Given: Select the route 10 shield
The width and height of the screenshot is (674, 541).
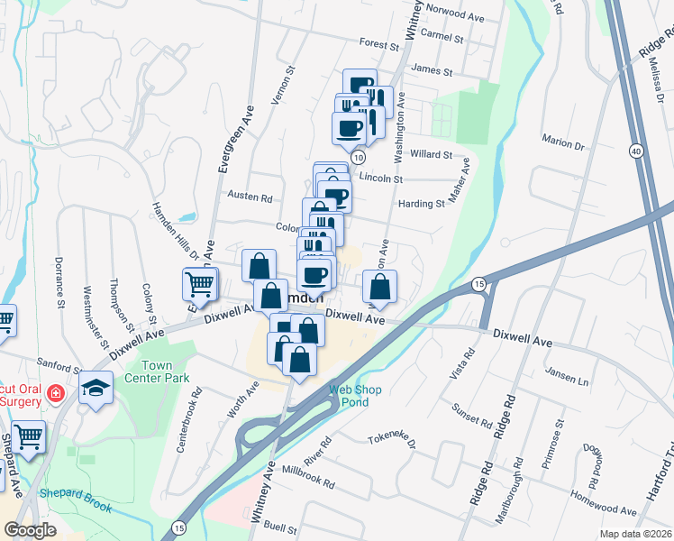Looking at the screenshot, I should click(x=358, y=158).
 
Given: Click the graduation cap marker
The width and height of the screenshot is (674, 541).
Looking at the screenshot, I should click(x=94, y=389).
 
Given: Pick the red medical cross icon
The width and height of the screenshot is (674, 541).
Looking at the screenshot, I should click(x=55, y=394).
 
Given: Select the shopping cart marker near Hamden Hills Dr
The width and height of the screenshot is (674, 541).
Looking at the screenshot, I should click(x=199, y=283).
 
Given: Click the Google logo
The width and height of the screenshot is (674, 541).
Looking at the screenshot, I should click(x=30, y=530).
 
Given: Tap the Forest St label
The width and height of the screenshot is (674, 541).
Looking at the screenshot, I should click(x=378, y=44).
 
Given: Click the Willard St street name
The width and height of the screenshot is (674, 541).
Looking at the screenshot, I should click(x=431, y=154).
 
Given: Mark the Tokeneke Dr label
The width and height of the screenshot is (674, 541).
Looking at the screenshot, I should click(x=390, y=442).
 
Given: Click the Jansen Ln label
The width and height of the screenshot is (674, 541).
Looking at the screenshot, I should click(x=569, y=381).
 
